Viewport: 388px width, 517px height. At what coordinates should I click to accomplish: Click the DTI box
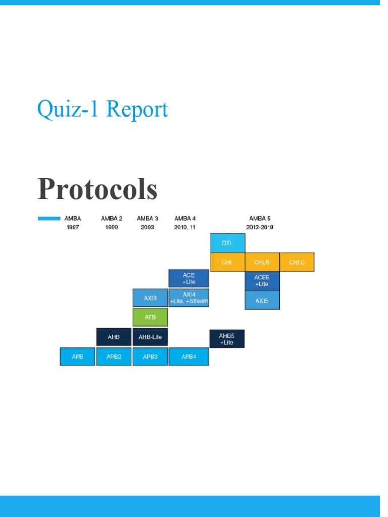click(x=228, y=243)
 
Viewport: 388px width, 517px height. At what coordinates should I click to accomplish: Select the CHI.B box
click(x=262, y=262)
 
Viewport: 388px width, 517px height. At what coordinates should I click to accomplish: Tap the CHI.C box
click(x=297, y=262)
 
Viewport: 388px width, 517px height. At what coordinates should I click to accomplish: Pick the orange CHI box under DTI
click(x=228, y=262)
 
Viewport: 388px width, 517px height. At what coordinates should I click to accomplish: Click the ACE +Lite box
click(x=189, y=278)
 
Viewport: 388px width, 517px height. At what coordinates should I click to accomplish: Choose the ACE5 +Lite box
click(x=262, y=281)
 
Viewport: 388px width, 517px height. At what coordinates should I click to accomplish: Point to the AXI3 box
click(x=150, y=298)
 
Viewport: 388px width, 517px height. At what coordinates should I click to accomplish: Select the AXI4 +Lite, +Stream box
click(x=189, y=298)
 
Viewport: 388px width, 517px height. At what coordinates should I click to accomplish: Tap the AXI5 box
click(x=262, y=300)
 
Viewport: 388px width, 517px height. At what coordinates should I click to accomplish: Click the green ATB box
click(x=150, y=317)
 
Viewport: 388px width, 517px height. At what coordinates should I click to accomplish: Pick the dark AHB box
click(x=114, y=337)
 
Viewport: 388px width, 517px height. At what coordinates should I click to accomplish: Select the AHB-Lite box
click(x=150, y=337)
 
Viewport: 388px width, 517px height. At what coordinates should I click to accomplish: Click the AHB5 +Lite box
click(x=227, y=339)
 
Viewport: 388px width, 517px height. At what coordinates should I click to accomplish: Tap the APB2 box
click(x=114, y=356)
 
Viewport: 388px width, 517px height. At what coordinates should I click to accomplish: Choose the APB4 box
click(x=189, y=356)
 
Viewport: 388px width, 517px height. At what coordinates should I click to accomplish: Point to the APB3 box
click(x=150, y=356)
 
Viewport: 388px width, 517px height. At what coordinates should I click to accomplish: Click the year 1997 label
click(x=73, y=227)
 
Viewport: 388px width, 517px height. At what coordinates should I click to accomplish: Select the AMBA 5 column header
click(x=260, y=218)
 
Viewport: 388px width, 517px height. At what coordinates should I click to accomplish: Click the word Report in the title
click(x=137, y=109)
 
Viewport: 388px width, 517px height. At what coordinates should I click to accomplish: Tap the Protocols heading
click(x=98, y=189)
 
